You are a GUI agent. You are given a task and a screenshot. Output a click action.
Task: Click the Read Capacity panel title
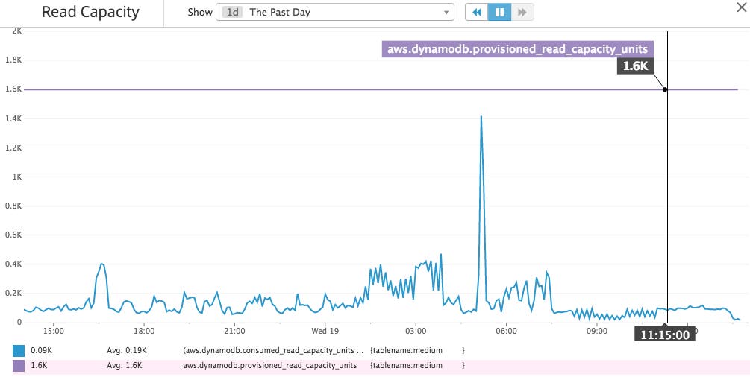point(90,13)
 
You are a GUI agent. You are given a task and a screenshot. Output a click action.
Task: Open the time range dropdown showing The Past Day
point(335,13)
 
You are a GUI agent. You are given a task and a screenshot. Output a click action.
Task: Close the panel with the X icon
point(740,6)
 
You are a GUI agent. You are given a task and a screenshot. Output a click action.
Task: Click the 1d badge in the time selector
point(232,13)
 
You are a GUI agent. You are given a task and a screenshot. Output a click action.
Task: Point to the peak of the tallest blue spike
point(481,116)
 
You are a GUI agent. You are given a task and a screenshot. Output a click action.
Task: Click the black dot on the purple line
point(665,89)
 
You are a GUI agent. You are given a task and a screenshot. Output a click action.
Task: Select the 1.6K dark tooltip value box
point(635,66)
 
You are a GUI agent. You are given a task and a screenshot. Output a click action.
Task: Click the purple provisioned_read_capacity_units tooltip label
point(518,50)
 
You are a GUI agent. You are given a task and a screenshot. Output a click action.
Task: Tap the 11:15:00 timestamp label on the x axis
point(664,335)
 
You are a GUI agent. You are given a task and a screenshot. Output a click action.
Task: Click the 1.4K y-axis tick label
point(13,118)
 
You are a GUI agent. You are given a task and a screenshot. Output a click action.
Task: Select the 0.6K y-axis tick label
point(13,235)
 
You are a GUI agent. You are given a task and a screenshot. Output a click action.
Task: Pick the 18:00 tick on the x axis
point(144,330)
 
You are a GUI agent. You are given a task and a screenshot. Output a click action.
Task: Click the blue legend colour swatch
point(19,349)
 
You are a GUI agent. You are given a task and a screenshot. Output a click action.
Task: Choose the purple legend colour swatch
point(19,366)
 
